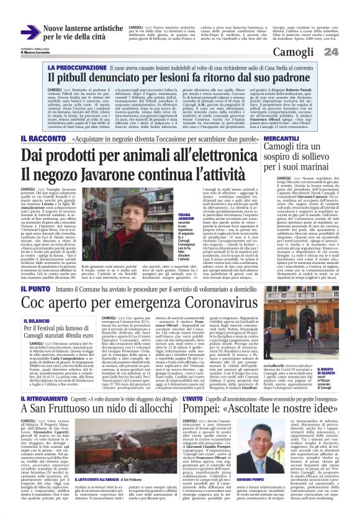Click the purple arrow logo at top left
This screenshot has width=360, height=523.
click(x=30, y=32)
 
